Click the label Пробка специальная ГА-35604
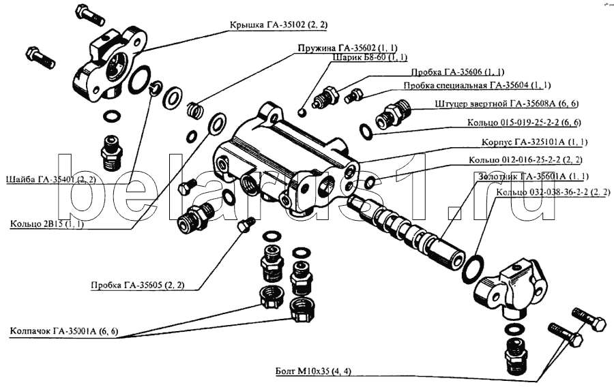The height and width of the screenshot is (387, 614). (x=477, y=86)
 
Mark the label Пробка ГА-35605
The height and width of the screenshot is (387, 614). (x=137, y=285)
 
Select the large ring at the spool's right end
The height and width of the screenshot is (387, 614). (x=472, y=268)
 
